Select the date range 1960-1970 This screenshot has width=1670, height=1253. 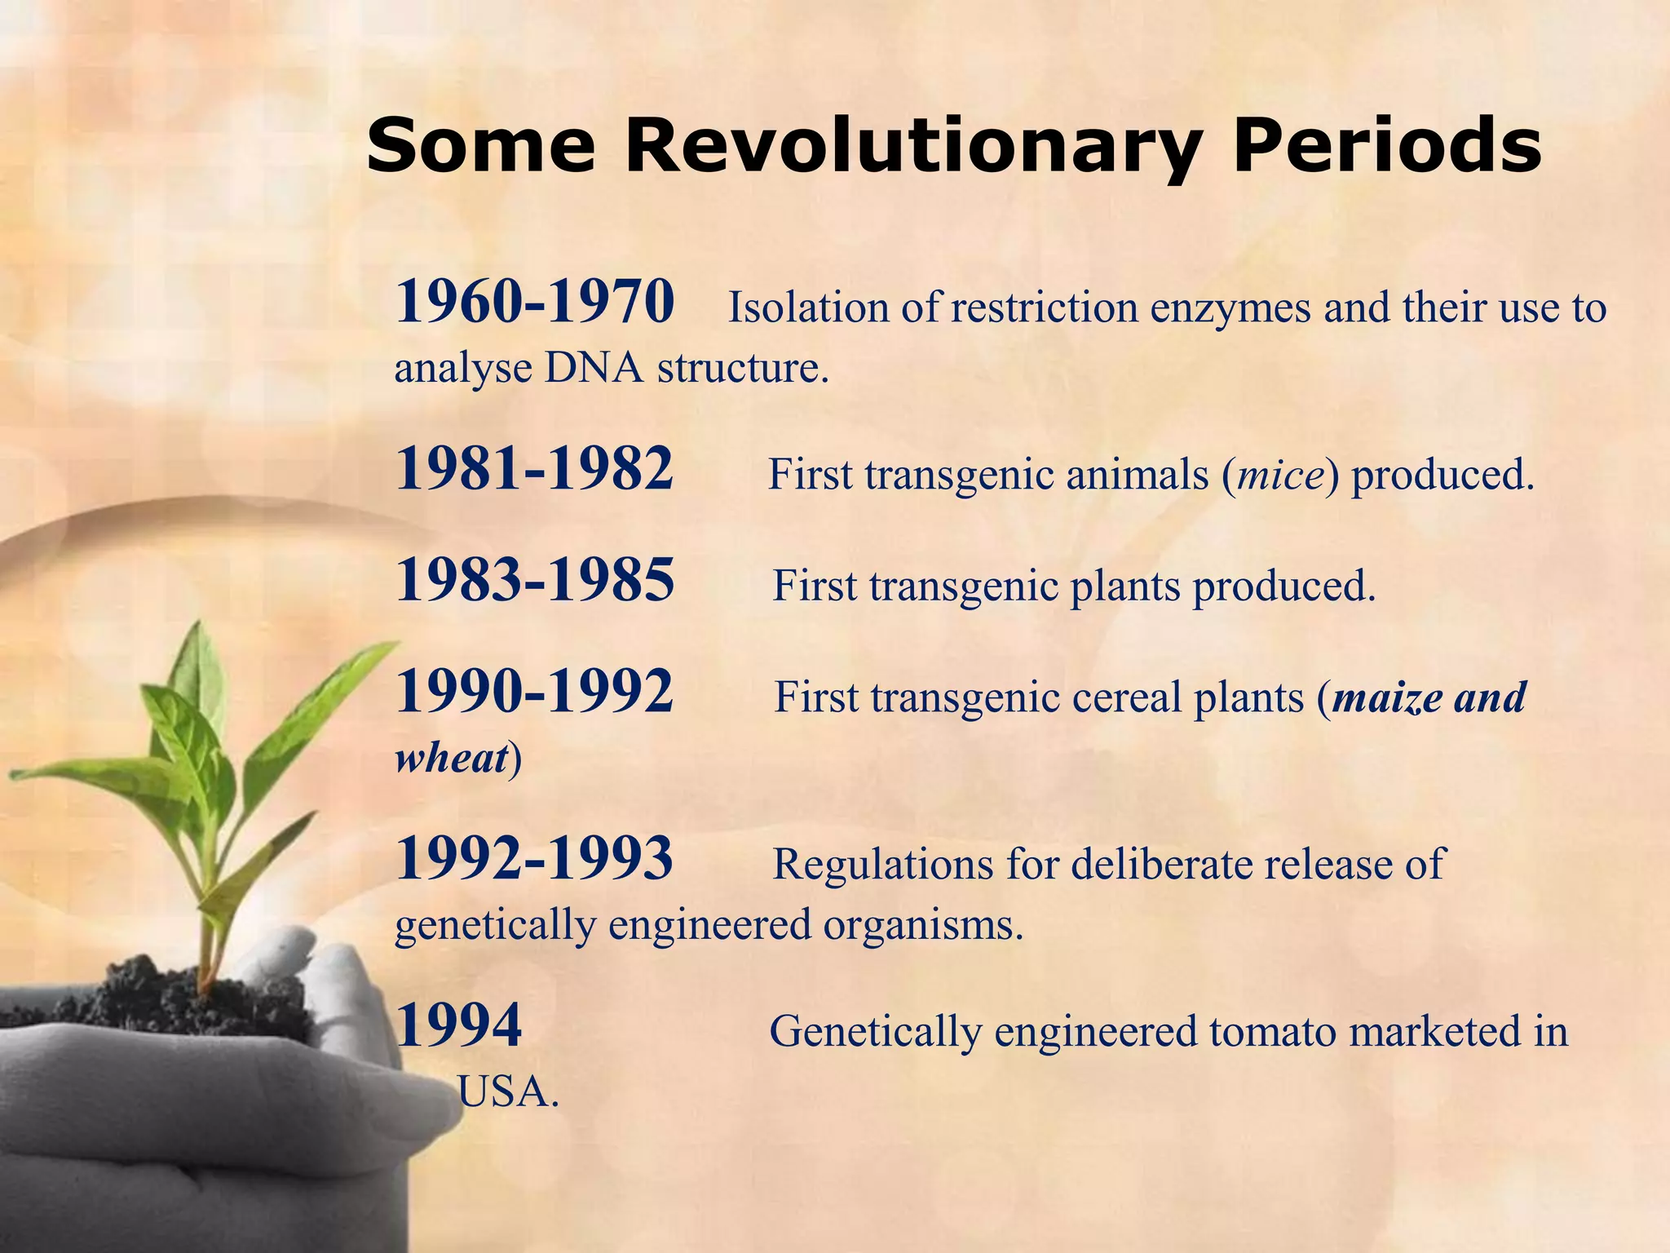pos(535,302)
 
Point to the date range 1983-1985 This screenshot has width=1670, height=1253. pos(535,581)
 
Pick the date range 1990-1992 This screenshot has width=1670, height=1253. pos(535,692)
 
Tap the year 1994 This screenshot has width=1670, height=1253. pos(458,1026)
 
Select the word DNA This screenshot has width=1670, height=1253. pos(594,368)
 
